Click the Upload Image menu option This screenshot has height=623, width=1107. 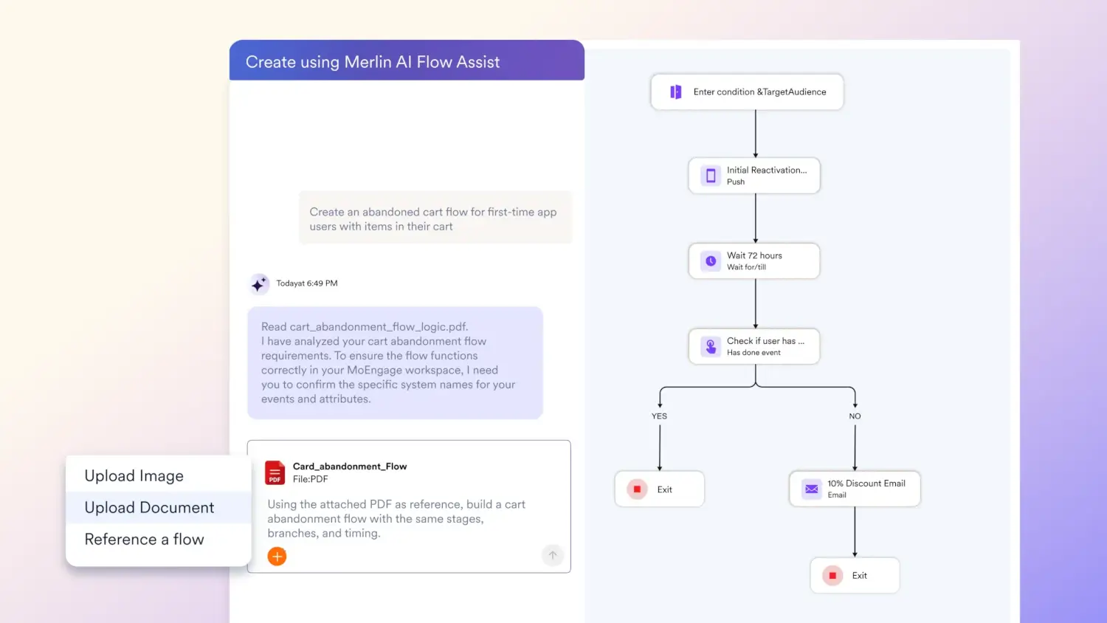click(x=134, y=475)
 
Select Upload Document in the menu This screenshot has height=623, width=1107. click(x=149, y=507)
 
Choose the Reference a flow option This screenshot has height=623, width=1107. click(x=145, y=539)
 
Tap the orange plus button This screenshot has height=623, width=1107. click(x=277, y=557)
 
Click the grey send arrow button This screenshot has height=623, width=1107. click(x=553, y=555)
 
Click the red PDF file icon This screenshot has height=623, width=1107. click(x=275, y=472)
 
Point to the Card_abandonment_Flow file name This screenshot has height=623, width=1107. click(x=350, y=467)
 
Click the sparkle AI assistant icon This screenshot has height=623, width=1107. click(x=259, y=284)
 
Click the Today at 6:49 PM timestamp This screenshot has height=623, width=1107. click(x=307, y=283)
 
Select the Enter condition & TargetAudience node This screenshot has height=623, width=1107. click(x=747, y=92)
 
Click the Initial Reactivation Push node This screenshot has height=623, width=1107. click(x=754, y=176)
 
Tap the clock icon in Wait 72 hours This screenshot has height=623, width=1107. click(x=711, y=261)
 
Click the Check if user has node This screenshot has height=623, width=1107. click(x=754, y=347)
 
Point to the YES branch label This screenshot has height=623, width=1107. click(x=659, y=416)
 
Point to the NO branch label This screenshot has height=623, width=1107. click(x=855, y=416)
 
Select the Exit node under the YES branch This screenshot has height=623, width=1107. click(x=660, y=489)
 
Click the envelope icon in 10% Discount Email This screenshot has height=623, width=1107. click(x=812, y=489)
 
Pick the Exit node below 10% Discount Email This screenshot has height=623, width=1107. click(x=855, y=576)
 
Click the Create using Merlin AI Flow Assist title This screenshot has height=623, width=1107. click(x=373, y=62)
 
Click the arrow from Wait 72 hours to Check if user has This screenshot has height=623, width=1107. click(x=755, y=303)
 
